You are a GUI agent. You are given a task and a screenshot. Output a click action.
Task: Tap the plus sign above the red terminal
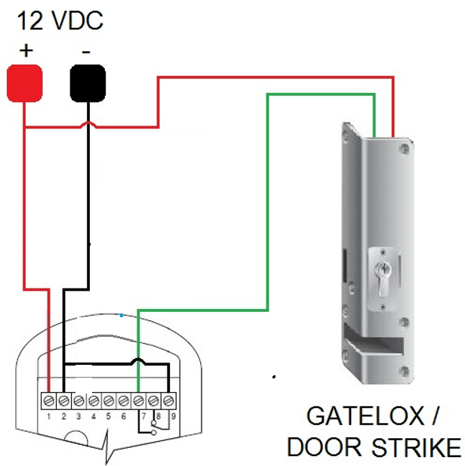click(x=27, y=51)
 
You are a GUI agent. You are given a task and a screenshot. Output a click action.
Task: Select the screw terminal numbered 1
click(x=49, y=399)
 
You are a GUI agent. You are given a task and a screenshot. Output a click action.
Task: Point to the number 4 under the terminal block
click(x=94, y=415)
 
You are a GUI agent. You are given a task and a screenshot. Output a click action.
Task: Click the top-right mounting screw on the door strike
click(x=408, y=149)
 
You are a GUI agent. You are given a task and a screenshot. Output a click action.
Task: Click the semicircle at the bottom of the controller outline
click(x=79, y=437)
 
